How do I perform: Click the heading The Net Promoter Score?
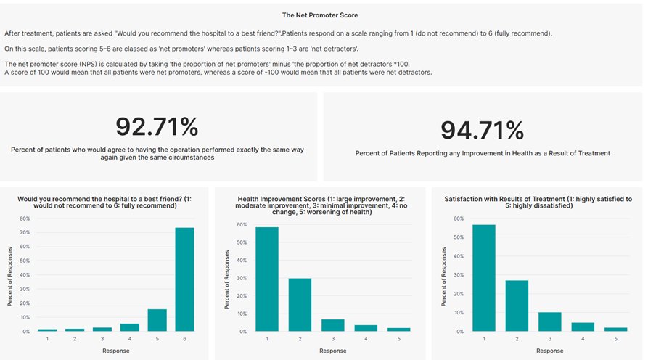pos(320,15)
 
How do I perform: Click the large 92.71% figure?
pos(157,127)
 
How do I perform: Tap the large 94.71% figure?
pos(483,130)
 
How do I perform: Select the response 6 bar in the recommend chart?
pos(184,279)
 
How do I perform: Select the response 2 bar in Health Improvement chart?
pos(300,305)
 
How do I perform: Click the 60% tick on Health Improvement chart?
pos(241,224)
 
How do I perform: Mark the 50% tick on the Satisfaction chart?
pos(457,237)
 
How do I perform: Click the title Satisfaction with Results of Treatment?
pos(538,202)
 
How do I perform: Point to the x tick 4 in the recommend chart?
pos(129,338)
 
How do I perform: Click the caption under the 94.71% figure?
pos(483,154)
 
